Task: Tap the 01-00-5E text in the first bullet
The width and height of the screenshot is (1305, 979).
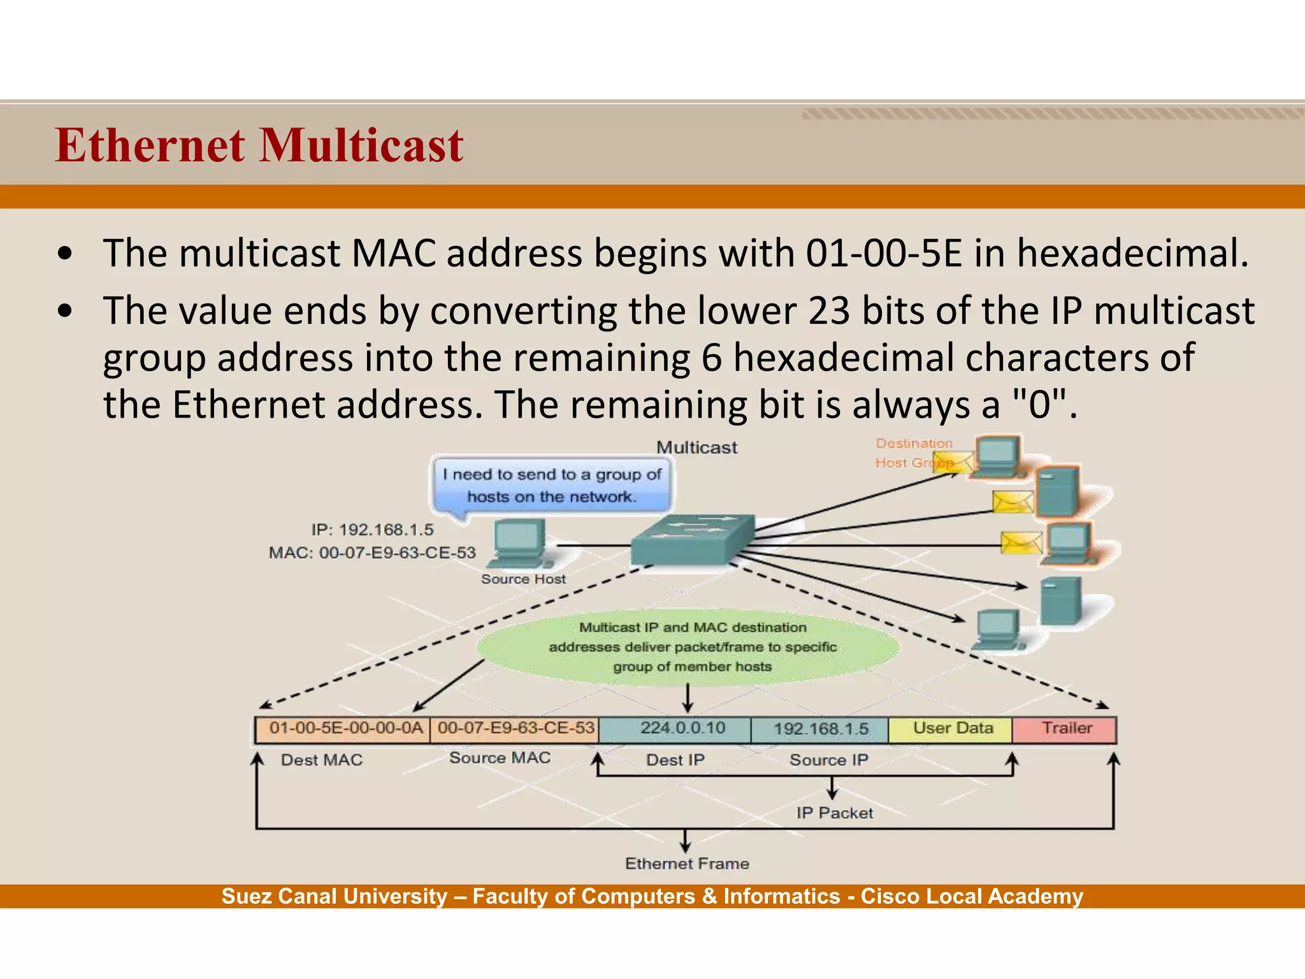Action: (x=883, y=253)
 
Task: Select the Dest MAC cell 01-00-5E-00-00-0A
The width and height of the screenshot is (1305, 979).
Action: (x=345, y=729)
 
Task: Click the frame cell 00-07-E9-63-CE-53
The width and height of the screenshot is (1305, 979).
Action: (x=515, y=729)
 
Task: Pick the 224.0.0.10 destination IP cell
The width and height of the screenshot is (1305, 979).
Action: (x=682, y=729)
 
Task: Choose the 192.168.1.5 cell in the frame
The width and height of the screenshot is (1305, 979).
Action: (x=820, y=729)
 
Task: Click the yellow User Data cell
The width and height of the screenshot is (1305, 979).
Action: (x=952, y=729)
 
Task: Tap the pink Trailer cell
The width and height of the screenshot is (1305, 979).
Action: (x=1066, y=729)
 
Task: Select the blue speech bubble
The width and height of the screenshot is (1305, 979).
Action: (x=552, y=485)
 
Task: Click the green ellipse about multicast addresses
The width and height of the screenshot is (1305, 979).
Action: (x=691, y=647)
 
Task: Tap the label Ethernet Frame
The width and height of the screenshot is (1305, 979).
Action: (x=687, y=864)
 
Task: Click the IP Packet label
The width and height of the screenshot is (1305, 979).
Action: (x=834, y=813)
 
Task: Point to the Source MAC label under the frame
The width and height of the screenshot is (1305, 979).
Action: (x=500, y=758)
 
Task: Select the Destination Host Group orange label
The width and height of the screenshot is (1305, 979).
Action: (x=913, y=453)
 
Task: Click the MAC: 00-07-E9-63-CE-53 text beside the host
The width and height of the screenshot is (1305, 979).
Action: (x=372, y=553)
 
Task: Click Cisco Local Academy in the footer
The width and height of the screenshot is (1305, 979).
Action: (x=971, y=896)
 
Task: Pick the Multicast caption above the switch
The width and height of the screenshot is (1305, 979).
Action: (x=696, y=447)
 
